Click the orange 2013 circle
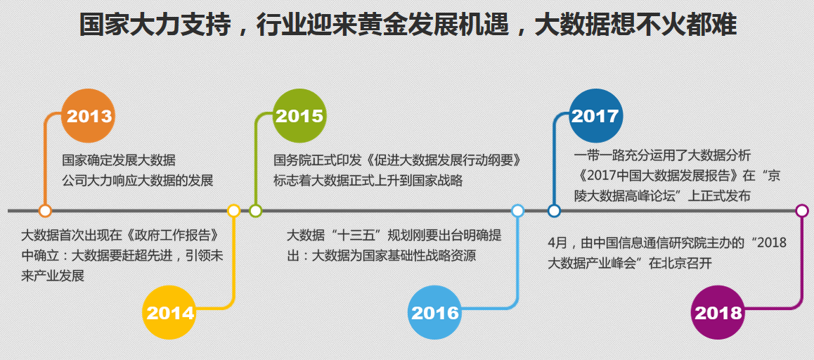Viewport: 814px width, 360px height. [x=89, y=116]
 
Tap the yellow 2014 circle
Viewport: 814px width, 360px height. [x=169, y=312]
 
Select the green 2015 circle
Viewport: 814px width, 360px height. [x=299, y=116]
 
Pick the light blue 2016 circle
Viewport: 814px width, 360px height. [x=435, y=312]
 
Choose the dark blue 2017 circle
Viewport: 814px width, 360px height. [x=595, y=116]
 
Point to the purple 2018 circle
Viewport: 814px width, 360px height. [x=718, y=312]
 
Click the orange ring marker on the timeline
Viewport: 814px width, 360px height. [x=45, y=211]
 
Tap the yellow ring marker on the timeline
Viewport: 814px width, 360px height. [x=233, y=211]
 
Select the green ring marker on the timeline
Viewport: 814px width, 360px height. [x=255, y=211]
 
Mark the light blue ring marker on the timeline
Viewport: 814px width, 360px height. [x=517, y=211]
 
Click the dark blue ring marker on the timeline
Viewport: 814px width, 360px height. [x=554, y=211]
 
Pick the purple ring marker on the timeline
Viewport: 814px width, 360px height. [x=802, y=211]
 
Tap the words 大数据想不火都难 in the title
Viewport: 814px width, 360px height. [x=635, y=25]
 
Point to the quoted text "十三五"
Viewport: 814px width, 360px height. [x=360, y=235]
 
